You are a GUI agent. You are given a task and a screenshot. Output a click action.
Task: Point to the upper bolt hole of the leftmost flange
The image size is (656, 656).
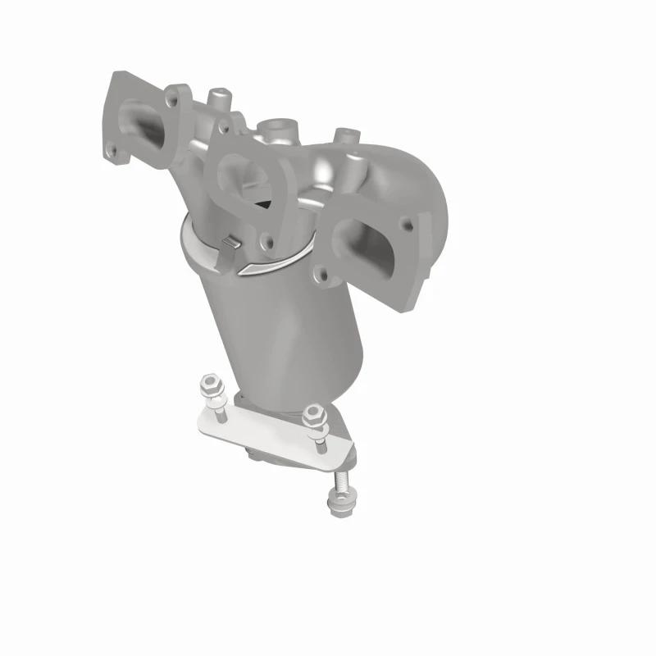point(173,101)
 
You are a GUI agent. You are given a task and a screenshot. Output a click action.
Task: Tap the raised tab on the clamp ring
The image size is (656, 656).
point(230,244)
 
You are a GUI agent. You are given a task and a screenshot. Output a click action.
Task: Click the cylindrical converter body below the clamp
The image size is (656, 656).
point(317,336)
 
